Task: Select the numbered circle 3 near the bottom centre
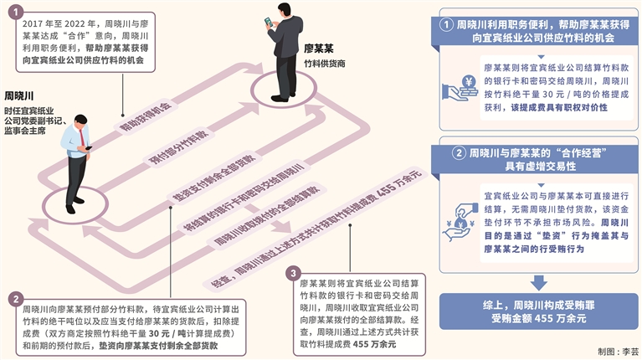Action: click(292, 273)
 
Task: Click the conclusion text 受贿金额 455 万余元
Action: click(538, 319)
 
